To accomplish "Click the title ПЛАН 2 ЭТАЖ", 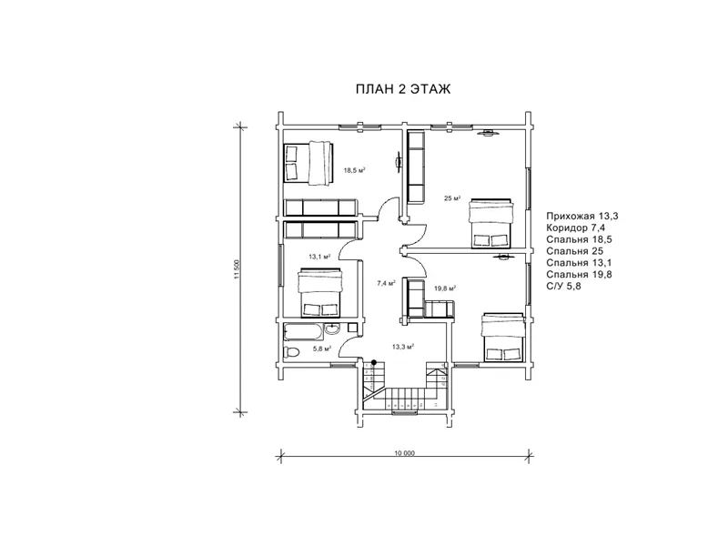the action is pos(403,88).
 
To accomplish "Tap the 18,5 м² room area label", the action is pos(354,170).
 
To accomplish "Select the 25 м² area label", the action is pos(452,198).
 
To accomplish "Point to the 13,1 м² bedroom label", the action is pos(319,257).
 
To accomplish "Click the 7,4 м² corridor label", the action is pos(386,282).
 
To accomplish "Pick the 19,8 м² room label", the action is pos(445,288).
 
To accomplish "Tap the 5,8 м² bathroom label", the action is pos(321,349).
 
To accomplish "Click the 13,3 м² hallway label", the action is pos(402,347).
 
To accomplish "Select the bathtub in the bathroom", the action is pos(303,332).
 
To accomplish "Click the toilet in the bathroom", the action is pos(291,352).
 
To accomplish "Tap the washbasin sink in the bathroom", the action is pos(332,329).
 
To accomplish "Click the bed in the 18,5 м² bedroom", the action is pos(308,163).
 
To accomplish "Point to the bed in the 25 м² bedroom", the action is pos(491,224).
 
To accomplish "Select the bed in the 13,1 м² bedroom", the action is pos(320,292).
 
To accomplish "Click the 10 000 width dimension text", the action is pos(405,453).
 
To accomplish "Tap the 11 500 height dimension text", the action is pos(237,269).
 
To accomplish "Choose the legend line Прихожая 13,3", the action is pos(582,216).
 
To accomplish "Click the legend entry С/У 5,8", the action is pos(563,286).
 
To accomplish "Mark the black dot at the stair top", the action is pos(374,362).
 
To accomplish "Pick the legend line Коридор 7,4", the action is pos(576,227).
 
